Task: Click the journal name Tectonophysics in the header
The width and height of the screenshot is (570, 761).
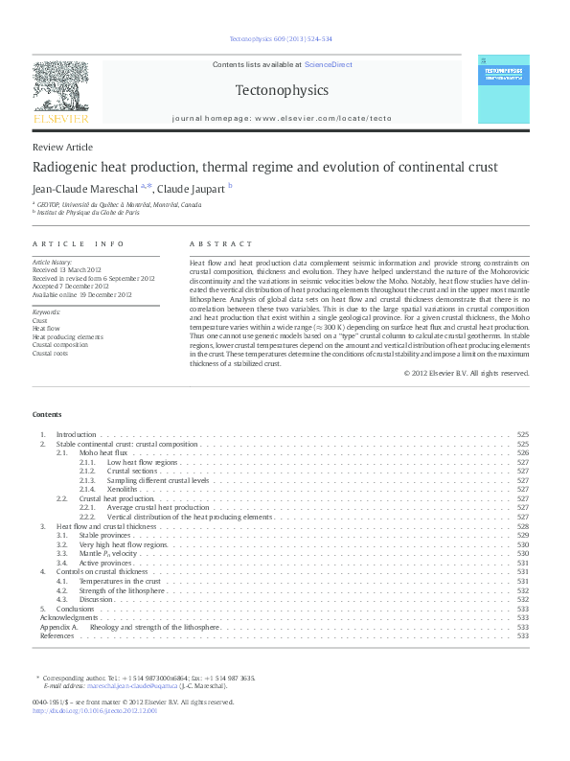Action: [282, 91]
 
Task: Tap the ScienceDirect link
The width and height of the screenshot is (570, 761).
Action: [328, 64]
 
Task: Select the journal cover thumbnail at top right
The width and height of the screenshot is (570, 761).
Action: [503, 88]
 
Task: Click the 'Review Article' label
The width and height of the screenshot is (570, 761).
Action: [63, 147]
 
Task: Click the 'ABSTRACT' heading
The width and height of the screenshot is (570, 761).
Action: [221, 244]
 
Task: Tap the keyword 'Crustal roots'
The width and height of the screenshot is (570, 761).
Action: [50, 354]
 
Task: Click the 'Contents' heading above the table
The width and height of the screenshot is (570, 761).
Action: [47, 415]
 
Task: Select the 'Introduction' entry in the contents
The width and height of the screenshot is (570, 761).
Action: [77, 434]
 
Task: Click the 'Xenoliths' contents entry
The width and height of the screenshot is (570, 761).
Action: [124, 490]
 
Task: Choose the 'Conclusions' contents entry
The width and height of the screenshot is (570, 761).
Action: [75, 609]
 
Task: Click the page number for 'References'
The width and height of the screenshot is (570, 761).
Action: [523, 635]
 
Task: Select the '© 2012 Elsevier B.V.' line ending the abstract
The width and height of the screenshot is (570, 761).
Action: [466, 373]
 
